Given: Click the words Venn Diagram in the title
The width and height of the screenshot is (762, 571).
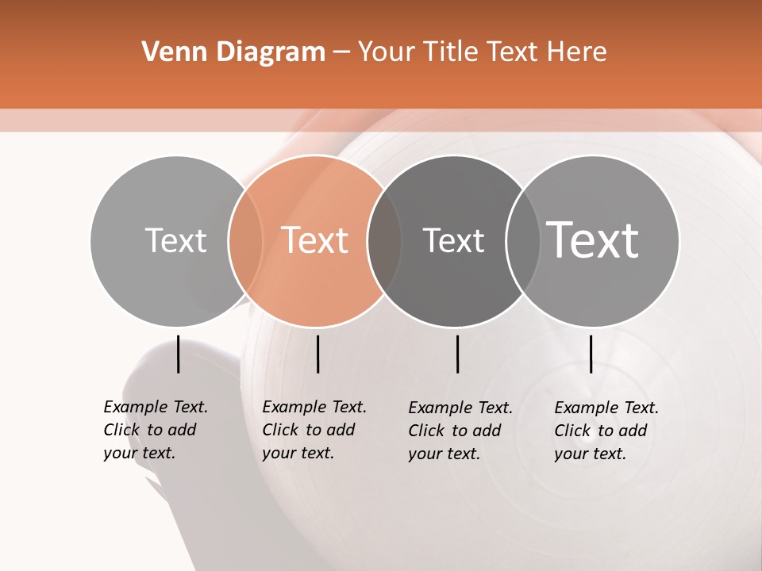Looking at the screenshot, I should coord(233,52).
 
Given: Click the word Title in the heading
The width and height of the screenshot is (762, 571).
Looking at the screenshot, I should coord(453,52).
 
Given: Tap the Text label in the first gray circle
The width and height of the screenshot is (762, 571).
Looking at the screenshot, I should coord(175,240).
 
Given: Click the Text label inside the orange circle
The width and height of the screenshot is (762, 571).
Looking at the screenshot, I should coord(314,240).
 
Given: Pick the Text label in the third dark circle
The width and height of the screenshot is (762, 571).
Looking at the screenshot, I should coord(453,240).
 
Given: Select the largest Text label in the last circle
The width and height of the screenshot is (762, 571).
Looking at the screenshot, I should coord(592,240).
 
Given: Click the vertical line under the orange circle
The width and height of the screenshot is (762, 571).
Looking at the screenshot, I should coord(317,354).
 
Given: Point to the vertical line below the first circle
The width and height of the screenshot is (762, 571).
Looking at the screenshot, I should coord(178,354).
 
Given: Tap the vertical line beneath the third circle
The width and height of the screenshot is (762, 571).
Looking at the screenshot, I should coord(457,354).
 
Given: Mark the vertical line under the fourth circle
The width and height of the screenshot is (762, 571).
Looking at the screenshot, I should coord(591,354).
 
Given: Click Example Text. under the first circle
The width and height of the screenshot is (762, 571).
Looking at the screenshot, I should coord(156,407).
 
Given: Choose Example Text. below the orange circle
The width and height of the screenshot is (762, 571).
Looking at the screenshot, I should coord(314,407).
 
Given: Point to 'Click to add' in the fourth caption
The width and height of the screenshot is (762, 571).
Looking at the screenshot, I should coord(600,431).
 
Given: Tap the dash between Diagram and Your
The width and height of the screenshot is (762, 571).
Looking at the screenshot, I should coord(341,52).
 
